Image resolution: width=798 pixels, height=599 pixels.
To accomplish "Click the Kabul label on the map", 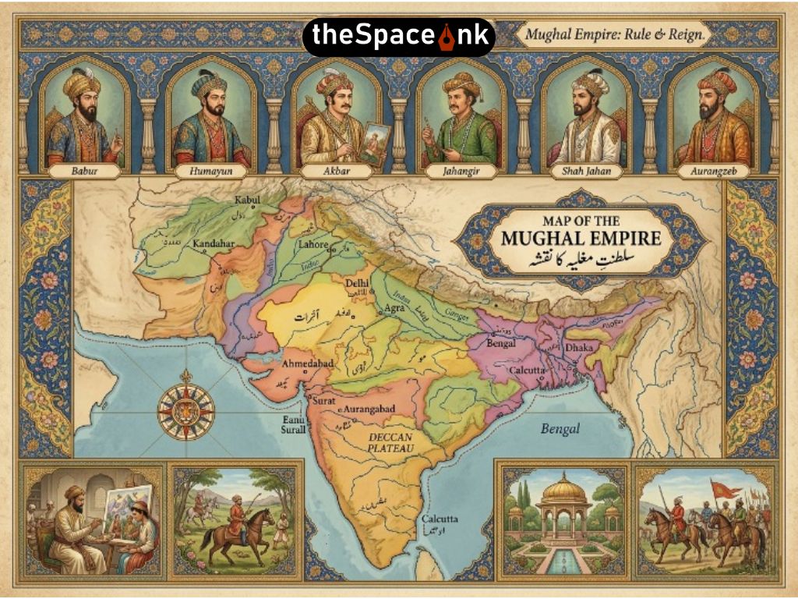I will (245, 200).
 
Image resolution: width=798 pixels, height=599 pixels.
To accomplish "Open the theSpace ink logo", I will (398, 36).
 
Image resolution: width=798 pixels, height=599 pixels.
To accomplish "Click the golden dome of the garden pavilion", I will (563, 490).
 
